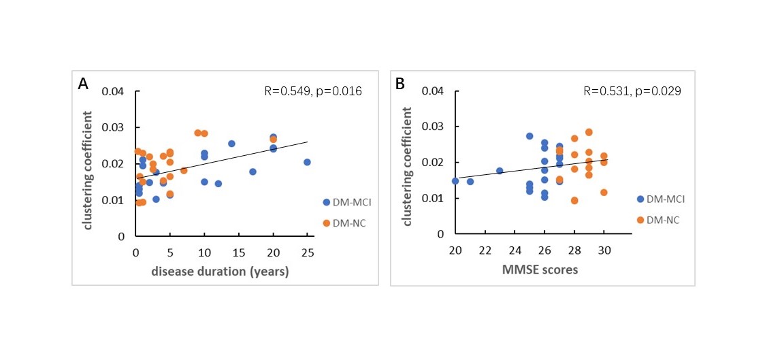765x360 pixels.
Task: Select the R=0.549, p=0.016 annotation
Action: (x=313, y=91)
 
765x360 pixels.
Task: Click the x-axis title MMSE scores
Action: (x=530, y=270)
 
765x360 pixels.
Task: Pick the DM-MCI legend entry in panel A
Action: (x=345, y=202)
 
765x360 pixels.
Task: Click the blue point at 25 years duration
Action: (x=307, y=162)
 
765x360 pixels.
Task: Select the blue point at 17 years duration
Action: (x=253, y=171)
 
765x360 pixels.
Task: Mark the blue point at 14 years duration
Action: (x=231, y=144)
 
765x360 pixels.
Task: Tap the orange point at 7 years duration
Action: (x=184, y=170)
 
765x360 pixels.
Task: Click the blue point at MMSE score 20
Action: (x=455, y=181)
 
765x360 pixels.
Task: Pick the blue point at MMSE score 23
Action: (x=500, y=171)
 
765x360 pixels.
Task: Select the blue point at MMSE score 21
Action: (x=470, y=182)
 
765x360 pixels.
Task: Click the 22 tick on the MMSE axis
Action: (x=485, y=249)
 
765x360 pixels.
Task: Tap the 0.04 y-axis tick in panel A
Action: (x=114, y=91)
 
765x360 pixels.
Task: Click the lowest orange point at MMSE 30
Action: (x=604, y=193)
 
